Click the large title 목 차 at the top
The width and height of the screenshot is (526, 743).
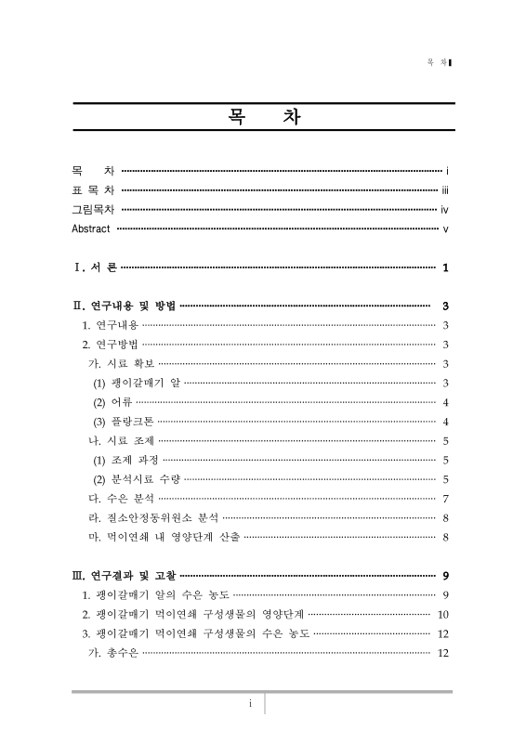pos(263,120)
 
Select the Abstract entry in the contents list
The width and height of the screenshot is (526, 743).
pos(91,228)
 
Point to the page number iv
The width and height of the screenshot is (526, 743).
pos(445,209)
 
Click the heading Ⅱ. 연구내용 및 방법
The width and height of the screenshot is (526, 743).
pos(125,306)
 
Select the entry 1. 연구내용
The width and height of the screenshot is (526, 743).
pos(111,325)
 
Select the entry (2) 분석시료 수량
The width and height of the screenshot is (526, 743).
pos(137,479)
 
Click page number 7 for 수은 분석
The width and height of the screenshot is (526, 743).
pos(447,499)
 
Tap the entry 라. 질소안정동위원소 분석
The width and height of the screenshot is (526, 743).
pos(152,518)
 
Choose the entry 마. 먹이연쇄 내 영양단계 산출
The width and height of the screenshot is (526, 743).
pos(164,537)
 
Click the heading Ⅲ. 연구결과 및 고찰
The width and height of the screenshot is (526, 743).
pos(125,576)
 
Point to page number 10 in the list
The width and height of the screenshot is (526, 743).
pos(443,614)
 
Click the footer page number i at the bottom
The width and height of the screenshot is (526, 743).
pos(250,703)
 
